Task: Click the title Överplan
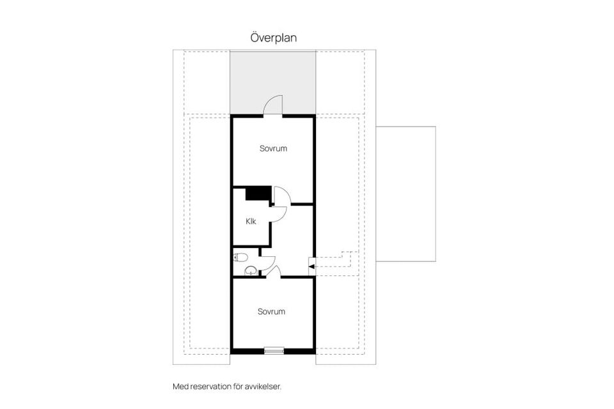tap(273, 38)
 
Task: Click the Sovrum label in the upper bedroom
tap(273, 148)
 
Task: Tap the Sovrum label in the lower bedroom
tap(271, 312)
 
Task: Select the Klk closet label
tap(251, 221)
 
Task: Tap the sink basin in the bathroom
tap(251, 270)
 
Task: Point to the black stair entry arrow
tap(311, 266)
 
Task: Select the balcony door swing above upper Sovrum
tap(273, 105)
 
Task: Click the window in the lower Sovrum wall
tap(274, 350)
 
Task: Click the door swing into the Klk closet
tap(279, 214)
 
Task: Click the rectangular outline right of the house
tap(405, 194)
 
